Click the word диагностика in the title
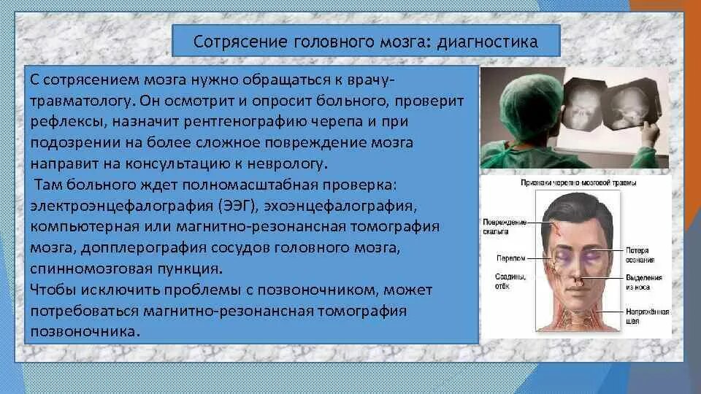click(x=487, y=42)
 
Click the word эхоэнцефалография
click(x=340, y=206)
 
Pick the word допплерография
click(x=144, y=248)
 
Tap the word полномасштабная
click(x=250, y=185)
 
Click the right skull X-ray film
click(x=630, y=105)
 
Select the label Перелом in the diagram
click(x=510, y=258)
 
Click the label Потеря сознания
click(x=640, y=255)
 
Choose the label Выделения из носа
click(x=643, y=282)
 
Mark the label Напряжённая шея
click(x=647, y=316)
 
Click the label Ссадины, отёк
click(x=510, y=282)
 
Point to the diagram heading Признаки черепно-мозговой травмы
click(x=578, y=182)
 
